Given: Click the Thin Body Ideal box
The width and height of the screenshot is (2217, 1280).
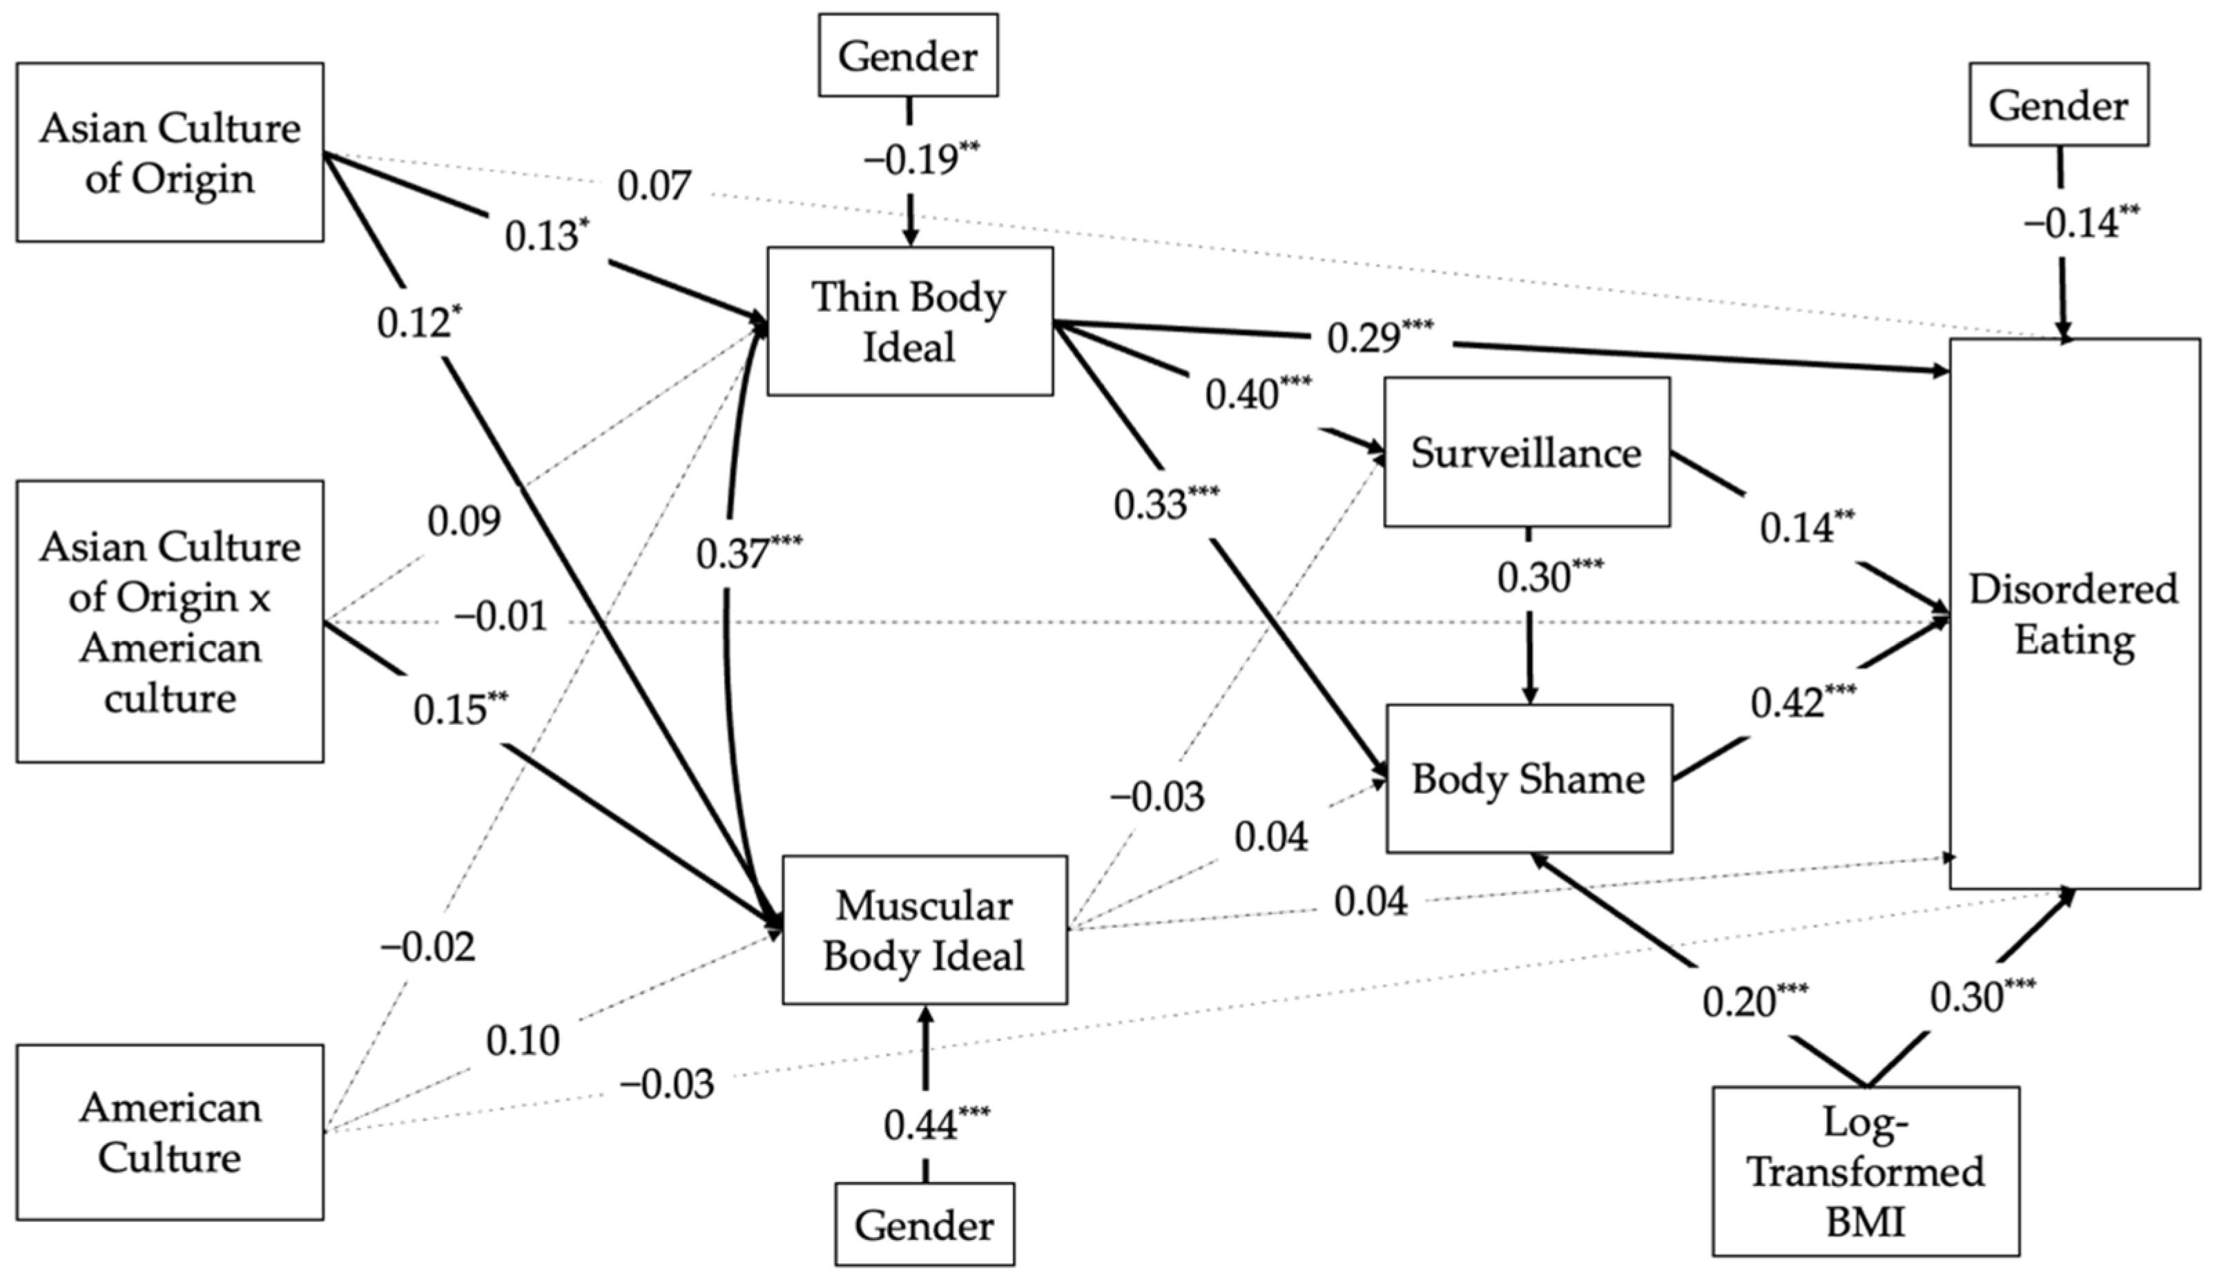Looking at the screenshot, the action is click(910, 321).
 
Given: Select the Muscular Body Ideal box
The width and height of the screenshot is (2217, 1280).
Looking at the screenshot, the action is click(924, 930).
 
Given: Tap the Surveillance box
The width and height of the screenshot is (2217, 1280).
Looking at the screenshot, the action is click(1527, 452).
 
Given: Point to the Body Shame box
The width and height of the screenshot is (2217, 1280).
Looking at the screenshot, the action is click(1529, 779).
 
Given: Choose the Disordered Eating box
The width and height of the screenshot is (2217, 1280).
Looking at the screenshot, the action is click(2075, 614).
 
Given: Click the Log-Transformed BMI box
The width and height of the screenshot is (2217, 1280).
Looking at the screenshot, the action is click(1866, 1171).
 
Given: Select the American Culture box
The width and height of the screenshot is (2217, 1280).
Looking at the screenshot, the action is click(170, 1132).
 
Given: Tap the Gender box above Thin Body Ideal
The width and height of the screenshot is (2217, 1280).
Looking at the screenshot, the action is click(908, 55).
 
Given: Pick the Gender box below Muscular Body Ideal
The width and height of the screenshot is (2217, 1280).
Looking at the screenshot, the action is click(924, 1225).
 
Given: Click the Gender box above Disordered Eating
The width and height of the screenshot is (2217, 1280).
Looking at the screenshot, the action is click(2059, 104).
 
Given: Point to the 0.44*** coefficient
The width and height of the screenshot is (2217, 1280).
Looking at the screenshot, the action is click(937, 1123).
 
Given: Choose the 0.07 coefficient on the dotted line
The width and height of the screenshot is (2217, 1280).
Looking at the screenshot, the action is click(654, 186).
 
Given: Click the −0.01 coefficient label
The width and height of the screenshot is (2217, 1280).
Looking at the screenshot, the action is click(501, 617).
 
